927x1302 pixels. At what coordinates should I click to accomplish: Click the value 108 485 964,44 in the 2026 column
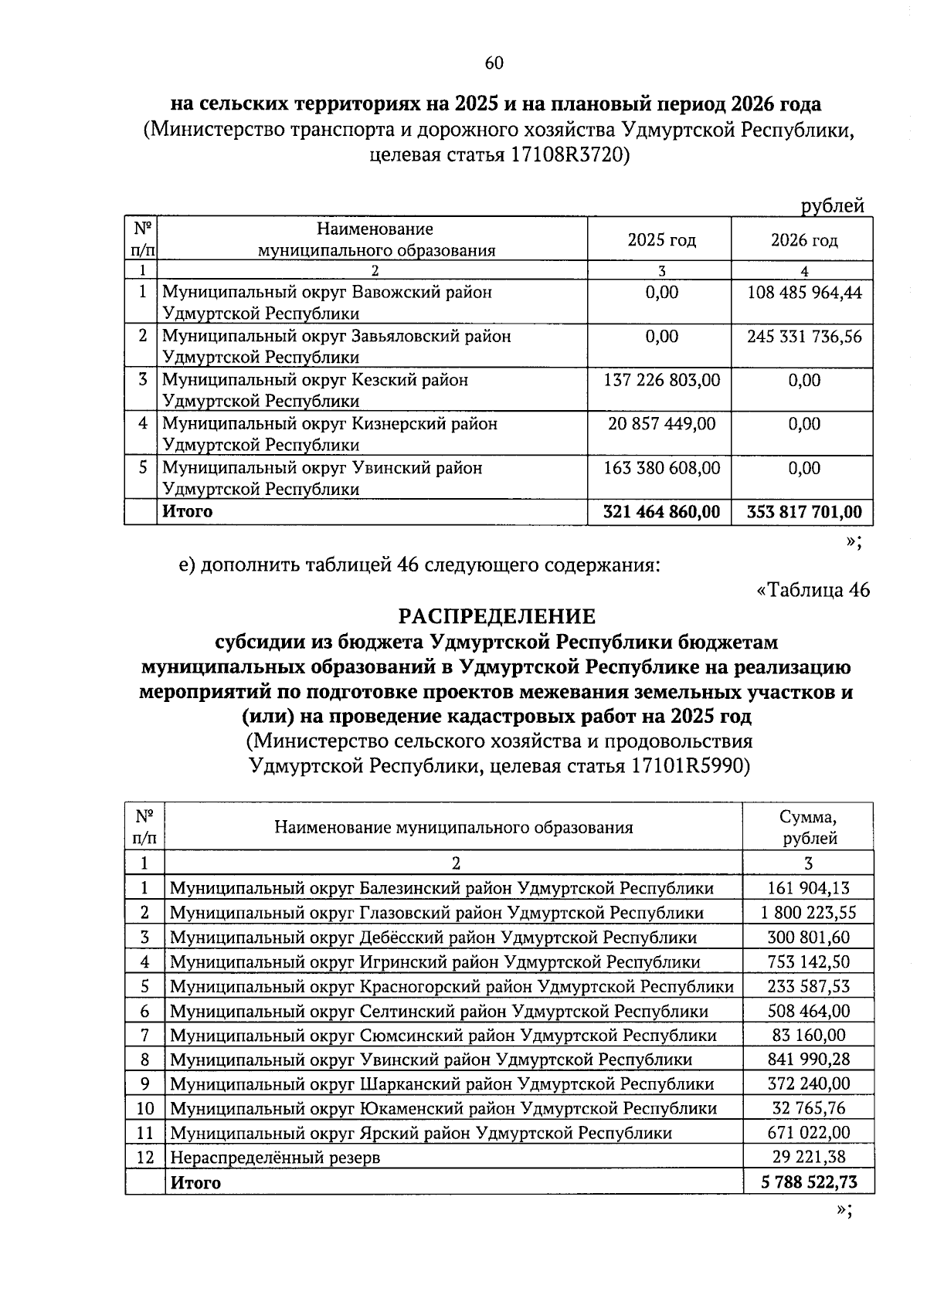804,293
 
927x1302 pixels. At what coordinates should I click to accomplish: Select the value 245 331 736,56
804,337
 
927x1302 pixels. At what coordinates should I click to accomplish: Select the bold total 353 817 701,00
804,512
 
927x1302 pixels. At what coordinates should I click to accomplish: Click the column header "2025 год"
661,240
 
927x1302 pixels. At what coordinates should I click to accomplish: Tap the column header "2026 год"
804,240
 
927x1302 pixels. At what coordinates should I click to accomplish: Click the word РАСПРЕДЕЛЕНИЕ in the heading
497,616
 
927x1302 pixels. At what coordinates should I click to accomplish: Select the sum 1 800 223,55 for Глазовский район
808,913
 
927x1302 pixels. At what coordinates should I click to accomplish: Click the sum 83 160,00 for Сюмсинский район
808,1035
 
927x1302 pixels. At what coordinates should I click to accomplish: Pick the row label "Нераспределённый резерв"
275,1158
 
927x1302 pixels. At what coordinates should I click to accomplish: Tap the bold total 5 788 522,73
808,1182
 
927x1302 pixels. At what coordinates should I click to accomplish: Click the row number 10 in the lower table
145,1109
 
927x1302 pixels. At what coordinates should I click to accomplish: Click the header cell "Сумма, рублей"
808,828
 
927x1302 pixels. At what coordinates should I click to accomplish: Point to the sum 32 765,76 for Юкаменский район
808,1109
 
